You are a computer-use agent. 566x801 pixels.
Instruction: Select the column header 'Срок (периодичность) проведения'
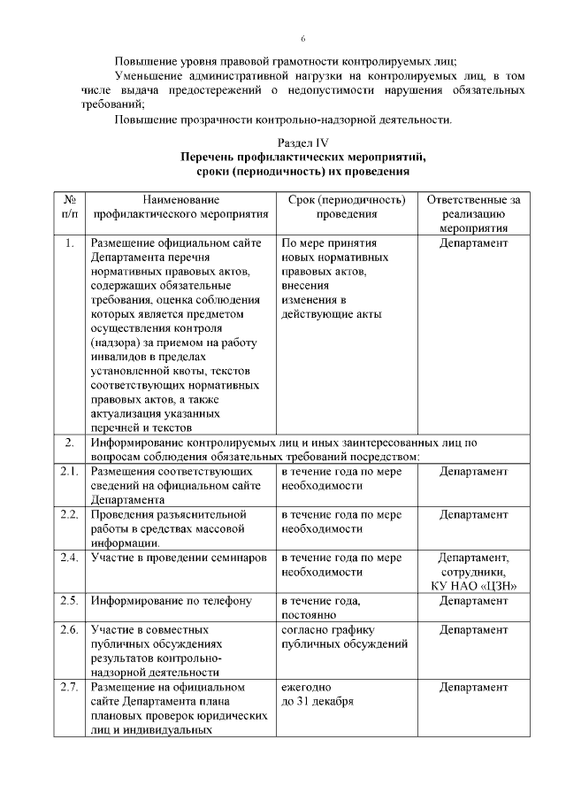coord(347,207)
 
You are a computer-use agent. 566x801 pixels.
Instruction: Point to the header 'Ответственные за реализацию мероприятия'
coord(473,213)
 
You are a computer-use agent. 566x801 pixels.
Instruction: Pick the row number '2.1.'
coord(69,472)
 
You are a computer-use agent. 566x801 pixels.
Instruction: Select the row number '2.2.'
coord(69,514)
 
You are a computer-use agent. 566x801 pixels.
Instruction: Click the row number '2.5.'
coord(69,600)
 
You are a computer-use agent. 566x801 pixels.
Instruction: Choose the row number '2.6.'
coord(69,629)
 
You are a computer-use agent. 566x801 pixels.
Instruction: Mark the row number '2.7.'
coord(69,687)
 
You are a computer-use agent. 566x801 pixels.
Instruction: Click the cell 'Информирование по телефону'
coord(164,600)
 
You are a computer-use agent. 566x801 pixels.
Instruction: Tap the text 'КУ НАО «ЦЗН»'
coord(473,586)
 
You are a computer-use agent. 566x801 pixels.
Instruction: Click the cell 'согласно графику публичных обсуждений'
coord(343,636)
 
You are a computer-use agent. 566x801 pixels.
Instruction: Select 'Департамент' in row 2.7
coord(473,687)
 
